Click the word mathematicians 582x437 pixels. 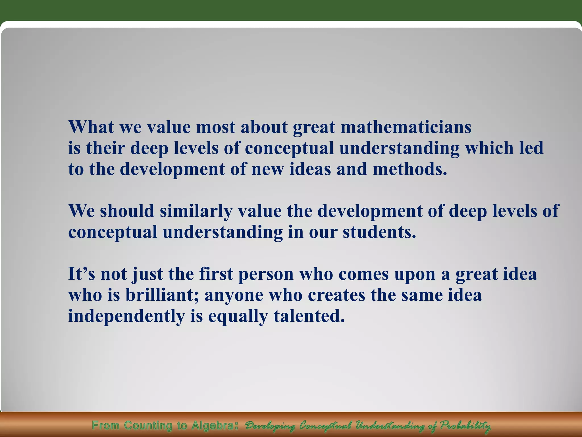(406, 127)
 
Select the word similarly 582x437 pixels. (196, 211)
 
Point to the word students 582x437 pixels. (379, 232)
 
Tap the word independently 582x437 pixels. (126, 316)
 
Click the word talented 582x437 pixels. (309, 316)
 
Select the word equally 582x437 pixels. (238, 316)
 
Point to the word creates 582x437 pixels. (336, 295)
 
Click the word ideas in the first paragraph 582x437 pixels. (310, 169)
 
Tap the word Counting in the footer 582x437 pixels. (148, 426)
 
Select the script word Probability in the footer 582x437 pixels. (465, 426)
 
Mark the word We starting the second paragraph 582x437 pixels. (82, 211)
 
